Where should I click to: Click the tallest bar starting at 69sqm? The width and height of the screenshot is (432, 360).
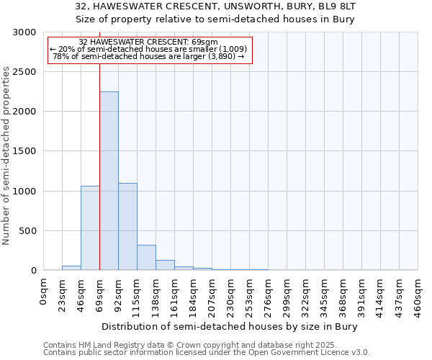point(109,181)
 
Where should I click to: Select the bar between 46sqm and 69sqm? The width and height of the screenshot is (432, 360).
point(90,228)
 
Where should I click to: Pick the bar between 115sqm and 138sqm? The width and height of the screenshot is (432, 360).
point(146,257)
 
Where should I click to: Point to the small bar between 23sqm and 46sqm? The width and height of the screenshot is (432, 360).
point(71,268)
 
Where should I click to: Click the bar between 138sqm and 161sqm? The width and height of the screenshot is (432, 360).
point(165,265)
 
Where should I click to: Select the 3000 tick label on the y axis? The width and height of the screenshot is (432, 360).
point(24,32)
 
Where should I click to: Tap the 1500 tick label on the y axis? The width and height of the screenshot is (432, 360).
point(24,151)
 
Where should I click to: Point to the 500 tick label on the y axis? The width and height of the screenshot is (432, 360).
point(27,231)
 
